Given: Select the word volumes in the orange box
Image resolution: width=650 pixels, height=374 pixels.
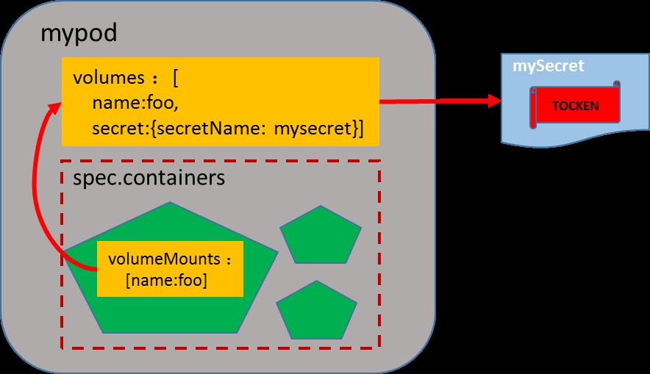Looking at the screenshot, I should coord(110,78).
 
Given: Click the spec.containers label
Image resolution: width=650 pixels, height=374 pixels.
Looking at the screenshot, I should coord(149,178).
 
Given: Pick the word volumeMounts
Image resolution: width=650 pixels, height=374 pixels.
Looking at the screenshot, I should coord(165,259).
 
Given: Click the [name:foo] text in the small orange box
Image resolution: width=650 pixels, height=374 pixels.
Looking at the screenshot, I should coord(166,280).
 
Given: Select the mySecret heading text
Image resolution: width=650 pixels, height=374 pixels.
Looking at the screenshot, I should coord(549,65).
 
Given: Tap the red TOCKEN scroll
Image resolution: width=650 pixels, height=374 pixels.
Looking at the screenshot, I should coord(575,105).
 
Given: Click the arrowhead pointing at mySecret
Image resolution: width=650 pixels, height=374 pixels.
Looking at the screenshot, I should coord(493,101).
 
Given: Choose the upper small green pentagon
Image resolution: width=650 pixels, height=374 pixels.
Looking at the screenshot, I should coord(321,234).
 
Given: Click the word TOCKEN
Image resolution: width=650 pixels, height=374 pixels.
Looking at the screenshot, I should coord(576,105).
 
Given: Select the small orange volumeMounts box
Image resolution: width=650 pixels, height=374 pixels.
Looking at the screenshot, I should coord(170,269).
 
